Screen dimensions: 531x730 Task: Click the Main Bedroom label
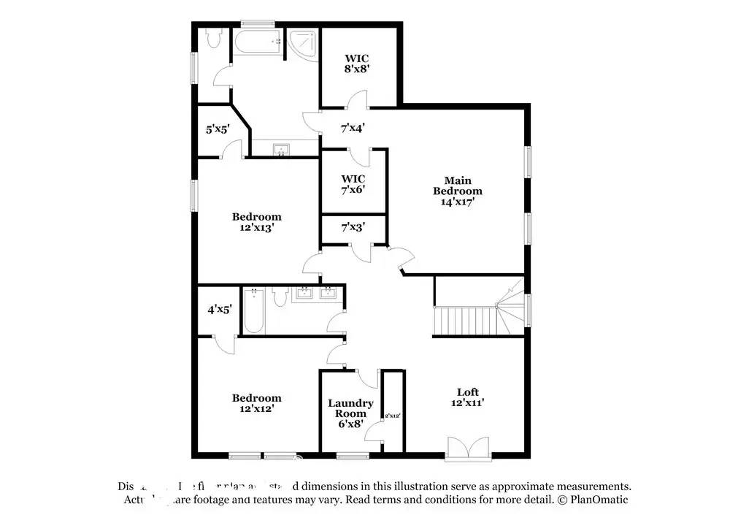(x=458, y=191)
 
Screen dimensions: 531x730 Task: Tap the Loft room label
(x=467, y=397)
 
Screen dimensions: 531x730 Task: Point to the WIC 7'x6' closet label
(x=353, y=184)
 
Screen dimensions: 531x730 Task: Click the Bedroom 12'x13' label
(x=256, y=222)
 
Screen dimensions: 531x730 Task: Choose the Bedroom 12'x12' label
(x=256, y=403)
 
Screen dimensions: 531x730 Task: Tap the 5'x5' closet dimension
(x=218, y=129)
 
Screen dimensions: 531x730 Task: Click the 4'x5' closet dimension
(x=219, y=309)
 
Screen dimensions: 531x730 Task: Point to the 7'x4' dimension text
(x=353, y=128)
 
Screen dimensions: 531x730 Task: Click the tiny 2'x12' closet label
(x=393, y=415)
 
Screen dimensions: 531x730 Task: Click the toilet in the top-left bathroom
(x=214, y=39)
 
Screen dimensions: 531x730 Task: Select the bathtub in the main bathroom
(x=258, y=43)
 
